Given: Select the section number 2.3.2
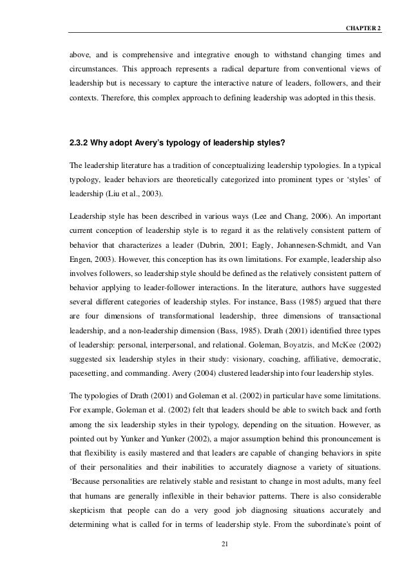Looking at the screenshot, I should pos(79,136).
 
